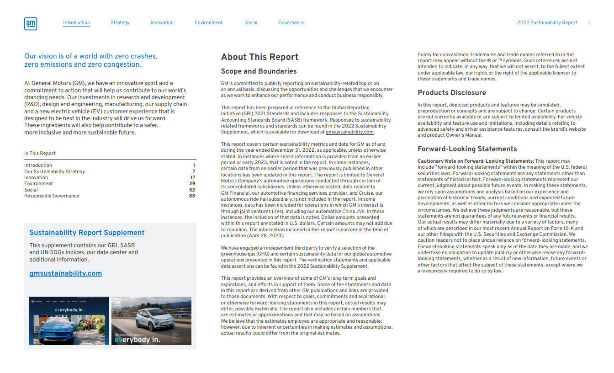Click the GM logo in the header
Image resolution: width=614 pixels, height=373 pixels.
click(31, 24)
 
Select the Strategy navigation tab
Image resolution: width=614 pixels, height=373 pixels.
click(120, 22)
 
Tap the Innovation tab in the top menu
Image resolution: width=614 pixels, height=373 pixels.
click(162, 22)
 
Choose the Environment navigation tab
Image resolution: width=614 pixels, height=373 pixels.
click(208, 22)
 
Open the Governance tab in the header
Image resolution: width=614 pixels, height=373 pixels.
click(291, 22)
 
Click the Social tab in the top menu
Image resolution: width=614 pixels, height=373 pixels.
click(250, 22)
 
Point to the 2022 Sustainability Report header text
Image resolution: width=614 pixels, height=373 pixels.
click(547, 22)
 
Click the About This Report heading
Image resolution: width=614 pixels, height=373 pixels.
click(259, 57)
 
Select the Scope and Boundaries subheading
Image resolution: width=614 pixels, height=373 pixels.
click(259, 71)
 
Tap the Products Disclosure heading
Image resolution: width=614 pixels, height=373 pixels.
click(452, 93)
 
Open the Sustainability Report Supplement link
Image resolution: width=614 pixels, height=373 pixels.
click(87, 233)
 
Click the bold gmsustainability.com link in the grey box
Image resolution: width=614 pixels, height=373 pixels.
click(65, 273)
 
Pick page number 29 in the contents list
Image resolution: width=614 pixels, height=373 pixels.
click(192, 184)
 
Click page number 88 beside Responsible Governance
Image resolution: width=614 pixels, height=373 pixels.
click(192, 196)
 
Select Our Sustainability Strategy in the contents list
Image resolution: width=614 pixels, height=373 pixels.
click(54, 171)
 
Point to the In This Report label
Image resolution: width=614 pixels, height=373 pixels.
click(40, 154)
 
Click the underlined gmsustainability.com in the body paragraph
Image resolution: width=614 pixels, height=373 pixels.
click(349, 132)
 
